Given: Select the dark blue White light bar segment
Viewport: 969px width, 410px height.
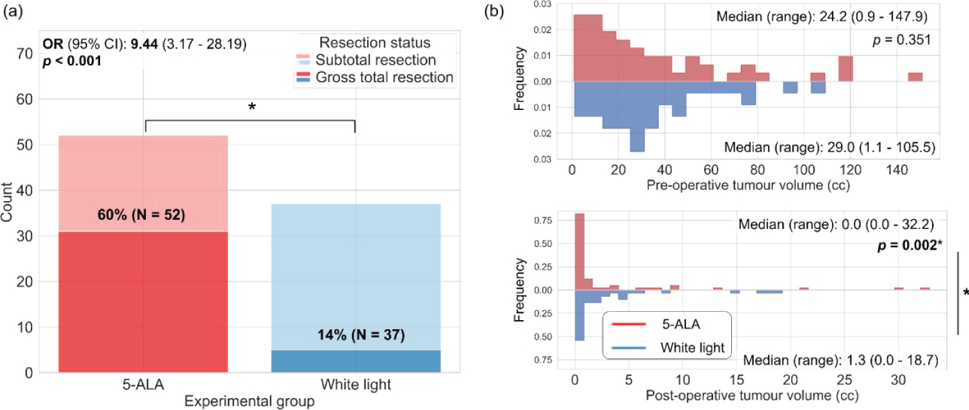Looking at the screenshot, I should click(356, 361).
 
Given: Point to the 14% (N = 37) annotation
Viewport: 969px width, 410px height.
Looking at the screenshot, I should click(356, 335).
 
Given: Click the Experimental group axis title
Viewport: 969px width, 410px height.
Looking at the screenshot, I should click(249, 402).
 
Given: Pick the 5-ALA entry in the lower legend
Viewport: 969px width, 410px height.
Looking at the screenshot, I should click(676, 323).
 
